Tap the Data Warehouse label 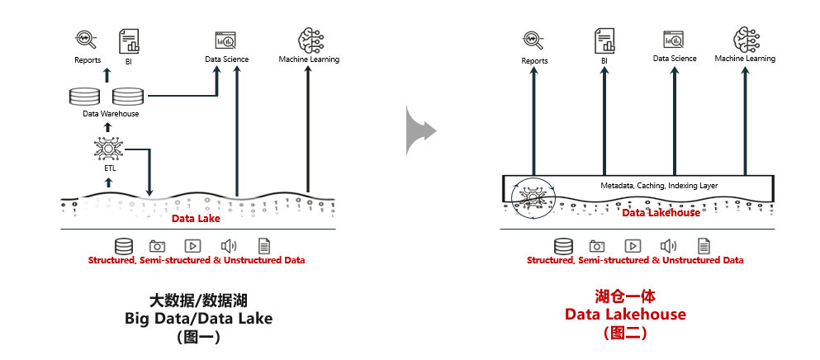coord(111,114)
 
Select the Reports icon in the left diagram coord(87,40)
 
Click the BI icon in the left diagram coord(129,40)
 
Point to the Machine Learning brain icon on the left coord(309,40)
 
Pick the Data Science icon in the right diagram coord(674,40)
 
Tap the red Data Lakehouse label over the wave coord(661,213)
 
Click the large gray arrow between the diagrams coord(420,130)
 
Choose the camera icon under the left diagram coord(158,245)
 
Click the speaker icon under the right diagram coord(668,245)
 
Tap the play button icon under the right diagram coord(633,245)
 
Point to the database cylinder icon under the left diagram coord(124,245)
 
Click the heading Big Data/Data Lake coord(197,317)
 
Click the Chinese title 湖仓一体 coord(625,296)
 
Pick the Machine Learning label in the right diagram coord(745,59)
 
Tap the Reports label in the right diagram coord(534,60)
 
